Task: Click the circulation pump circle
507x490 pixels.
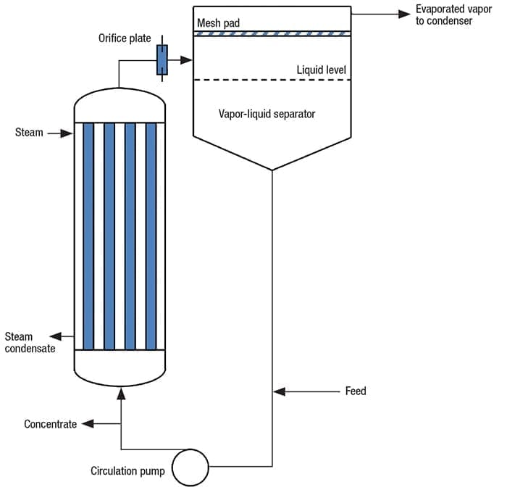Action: click(x=189, y=466)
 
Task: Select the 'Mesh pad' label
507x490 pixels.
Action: click(x=218, y=23)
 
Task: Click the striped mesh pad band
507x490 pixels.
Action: click(x=272, y=33)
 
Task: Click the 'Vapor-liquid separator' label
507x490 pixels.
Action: click(x=267, y=114)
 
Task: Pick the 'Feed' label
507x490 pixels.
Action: click(x=356, y=391)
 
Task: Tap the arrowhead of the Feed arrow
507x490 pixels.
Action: click(x=279, y=391)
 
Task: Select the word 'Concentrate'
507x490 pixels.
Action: click(x=50, y=424)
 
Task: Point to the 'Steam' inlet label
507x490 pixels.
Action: click(x=29, y=133)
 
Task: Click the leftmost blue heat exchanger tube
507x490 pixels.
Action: click(x=88, y=236)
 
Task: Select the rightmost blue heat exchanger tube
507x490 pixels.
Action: click(x=151, y=236)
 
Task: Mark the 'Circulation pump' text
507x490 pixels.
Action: click(x=127, y=471)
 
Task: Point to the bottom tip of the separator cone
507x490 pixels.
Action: click(x=272, y=170)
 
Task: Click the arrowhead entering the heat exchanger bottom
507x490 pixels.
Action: click(x=120, y=392)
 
